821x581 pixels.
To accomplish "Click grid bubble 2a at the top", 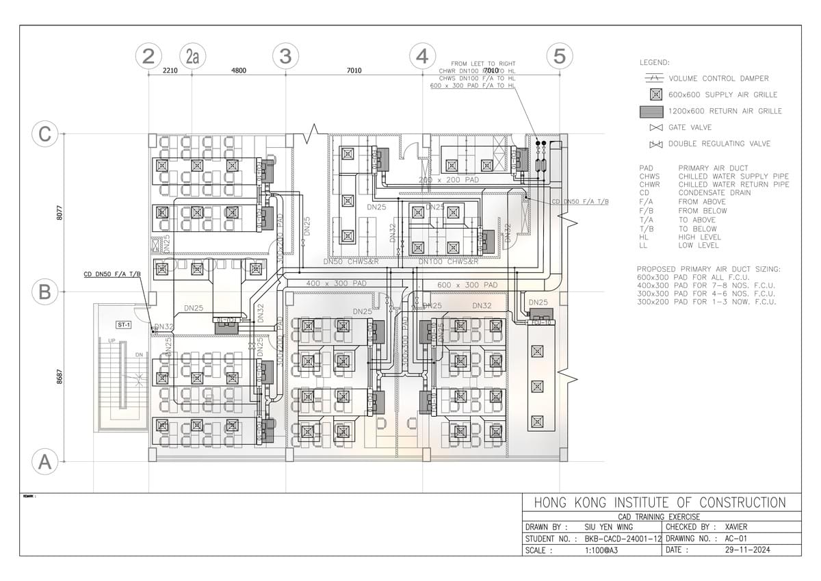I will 192,55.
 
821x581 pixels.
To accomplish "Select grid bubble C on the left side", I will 44,134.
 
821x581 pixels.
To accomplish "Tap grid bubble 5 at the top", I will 560,55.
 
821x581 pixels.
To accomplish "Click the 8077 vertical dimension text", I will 60,213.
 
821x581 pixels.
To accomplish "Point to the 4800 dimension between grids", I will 238,70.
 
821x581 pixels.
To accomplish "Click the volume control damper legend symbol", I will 655,79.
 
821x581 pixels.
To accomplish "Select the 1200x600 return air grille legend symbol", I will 653,111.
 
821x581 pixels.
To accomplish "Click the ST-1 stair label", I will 124,324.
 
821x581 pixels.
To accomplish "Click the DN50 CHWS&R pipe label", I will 352,262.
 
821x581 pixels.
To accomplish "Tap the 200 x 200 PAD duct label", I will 449,180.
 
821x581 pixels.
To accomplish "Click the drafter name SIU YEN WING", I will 609,528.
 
